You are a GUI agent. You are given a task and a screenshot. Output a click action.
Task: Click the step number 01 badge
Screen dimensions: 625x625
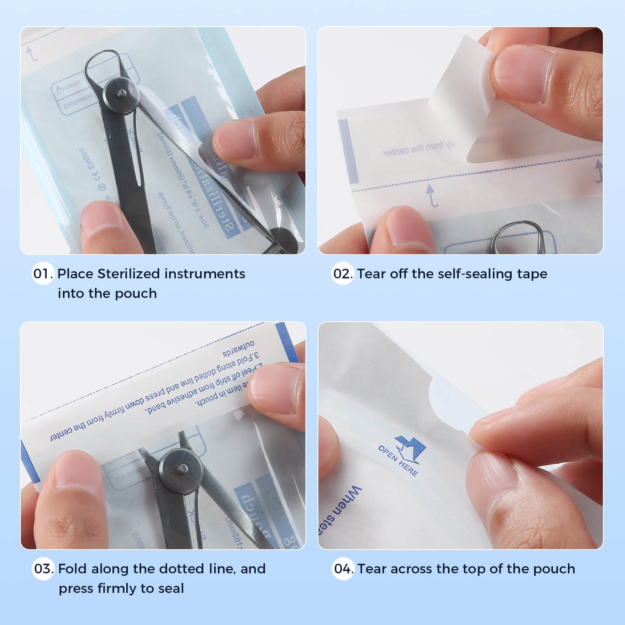coord(42,273)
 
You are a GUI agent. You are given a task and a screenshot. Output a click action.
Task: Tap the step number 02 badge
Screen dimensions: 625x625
coord(343,273)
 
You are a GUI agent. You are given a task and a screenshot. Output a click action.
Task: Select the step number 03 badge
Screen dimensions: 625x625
coord(43,568)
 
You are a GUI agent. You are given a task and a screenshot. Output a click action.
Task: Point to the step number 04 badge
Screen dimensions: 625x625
coord(343,568)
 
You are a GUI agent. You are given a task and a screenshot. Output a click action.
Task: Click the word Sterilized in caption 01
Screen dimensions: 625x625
coord(128,274)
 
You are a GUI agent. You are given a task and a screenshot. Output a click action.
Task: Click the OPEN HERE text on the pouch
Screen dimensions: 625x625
coord(397,461)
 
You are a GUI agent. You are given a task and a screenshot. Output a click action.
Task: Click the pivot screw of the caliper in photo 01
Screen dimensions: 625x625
coord(122,93)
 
